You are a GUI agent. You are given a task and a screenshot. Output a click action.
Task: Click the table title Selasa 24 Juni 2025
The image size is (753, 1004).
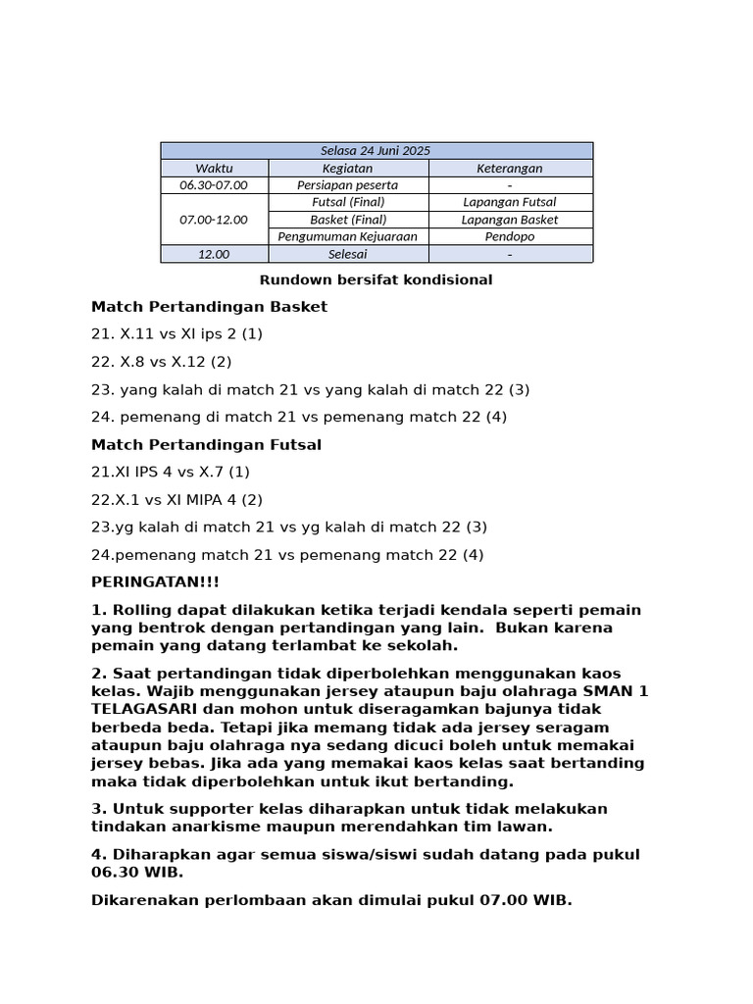point(376,151)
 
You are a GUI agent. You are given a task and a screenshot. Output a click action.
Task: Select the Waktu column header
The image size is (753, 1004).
point(214,169)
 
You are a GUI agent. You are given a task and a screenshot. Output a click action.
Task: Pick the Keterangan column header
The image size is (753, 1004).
point(509,169)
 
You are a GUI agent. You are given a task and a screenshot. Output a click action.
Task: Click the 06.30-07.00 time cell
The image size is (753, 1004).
point(214,185)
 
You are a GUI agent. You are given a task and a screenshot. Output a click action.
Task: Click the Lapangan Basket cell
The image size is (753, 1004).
point(509,220)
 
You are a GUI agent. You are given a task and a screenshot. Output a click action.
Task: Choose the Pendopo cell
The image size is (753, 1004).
point(509,236)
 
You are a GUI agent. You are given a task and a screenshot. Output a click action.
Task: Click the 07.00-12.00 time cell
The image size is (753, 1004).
point(214,220)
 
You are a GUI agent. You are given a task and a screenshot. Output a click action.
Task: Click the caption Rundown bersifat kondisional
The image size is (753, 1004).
point(376,279)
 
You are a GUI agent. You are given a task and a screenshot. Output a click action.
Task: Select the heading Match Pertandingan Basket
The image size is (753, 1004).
point(209,307)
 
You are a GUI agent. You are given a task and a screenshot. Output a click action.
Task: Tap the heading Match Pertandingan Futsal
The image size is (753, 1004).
point(206,444)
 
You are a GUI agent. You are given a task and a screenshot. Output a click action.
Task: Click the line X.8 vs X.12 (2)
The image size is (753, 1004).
point(162,362)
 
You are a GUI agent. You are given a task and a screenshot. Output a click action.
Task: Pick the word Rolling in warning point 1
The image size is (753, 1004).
point(140,610)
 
